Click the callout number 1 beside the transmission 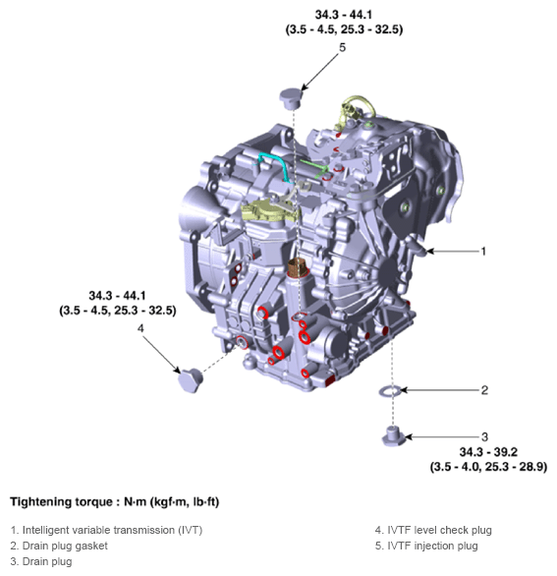tap(483, 252)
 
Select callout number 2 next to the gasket tap(484, 390)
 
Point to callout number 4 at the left tap(140, 328)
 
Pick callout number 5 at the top tap(342, 47)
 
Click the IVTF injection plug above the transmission tap(293, 97)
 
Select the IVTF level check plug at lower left tap(190, 378)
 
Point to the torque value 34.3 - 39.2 tap(487, 452)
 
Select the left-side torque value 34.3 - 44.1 tap(117, 296)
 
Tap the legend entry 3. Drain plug tap(43, 560)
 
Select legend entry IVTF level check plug tap(433, 531)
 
